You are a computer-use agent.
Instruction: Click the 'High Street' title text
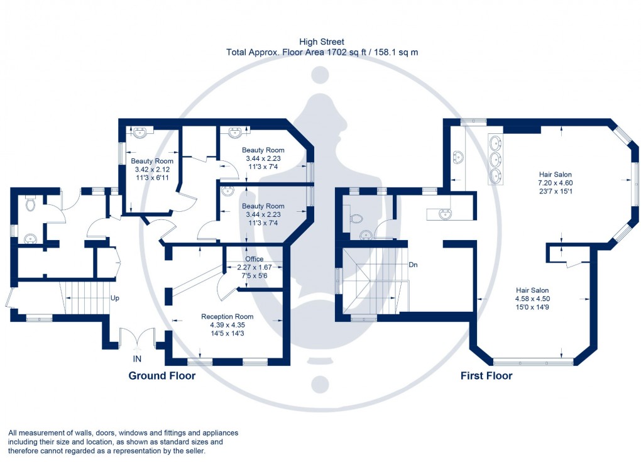coord(322,42)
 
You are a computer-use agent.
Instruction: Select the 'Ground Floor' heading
coord(162,376)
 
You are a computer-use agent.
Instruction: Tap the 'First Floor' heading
coord(486,376)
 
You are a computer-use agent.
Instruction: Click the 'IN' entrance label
coord(136,359)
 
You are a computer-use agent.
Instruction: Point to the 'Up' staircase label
coord(115,298)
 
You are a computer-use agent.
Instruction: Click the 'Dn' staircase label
coord(414,265)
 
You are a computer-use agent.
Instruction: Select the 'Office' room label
coord(255,258)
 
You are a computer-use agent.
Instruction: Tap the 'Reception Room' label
coord(227,316)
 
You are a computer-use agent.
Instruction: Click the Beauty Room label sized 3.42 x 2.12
coord(151,161)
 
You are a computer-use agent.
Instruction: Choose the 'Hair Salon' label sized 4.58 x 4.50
coord(532,290)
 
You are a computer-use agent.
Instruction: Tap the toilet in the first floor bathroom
coord(356,218)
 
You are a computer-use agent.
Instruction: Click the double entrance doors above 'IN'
coord(136,338)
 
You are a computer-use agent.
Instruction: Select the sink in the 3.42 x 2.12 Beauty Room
coord(140,132)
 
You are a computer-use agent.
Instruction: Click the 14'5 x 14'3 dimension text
coord(227,333)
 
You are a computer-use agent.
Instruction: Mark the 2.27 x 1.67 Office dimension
coord(255,267)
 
